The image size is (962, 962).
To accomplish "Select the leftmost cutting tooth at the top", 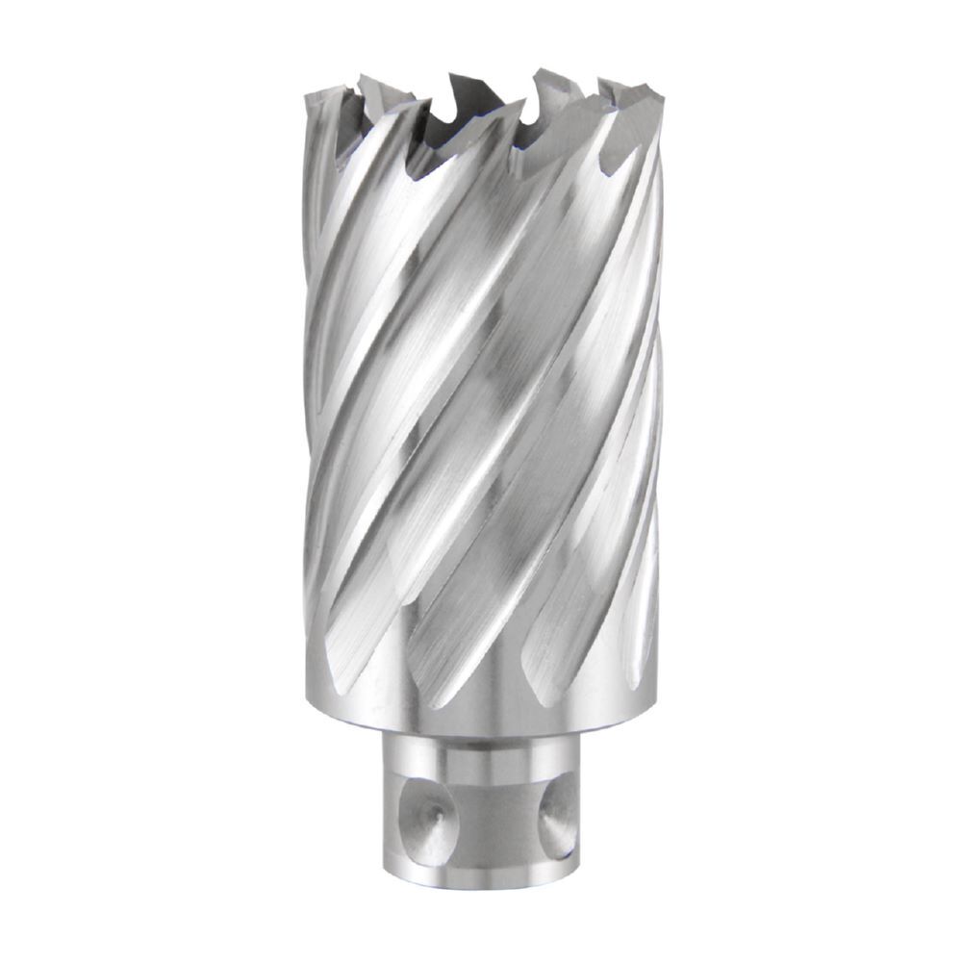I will (x=322, y=96).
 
